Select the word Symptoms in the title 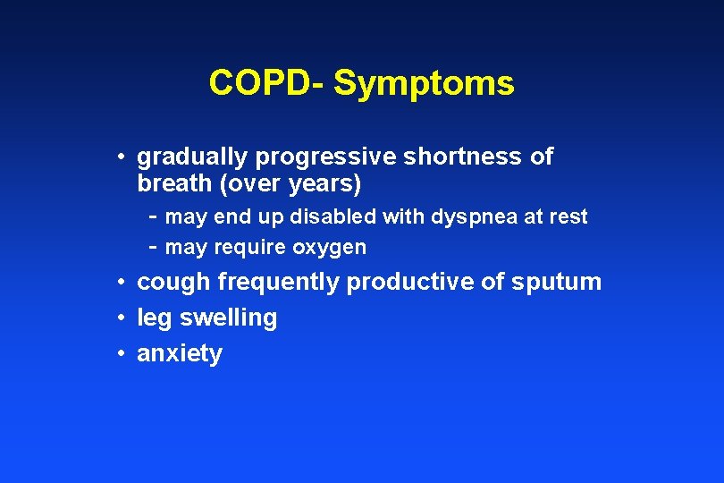coord(424,84)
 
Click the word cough coord(173,282)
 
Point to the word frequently coord(279,282)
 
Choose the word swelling coord(228,318)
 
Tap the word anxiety coord(179,354)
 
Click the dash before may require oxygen coord(154,247)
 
